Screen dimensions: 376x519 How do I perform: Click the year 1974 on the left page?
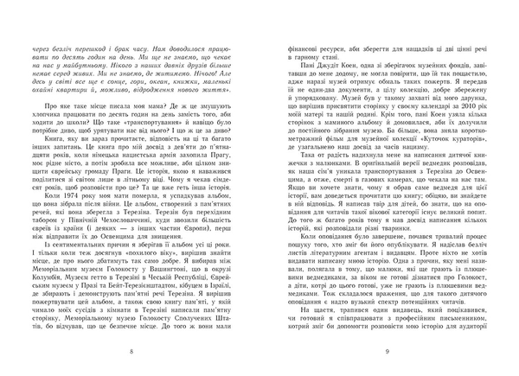click(x=71, y=171)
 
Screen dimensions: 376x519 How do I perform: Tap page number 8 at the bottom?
click(x=129, y=350)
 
